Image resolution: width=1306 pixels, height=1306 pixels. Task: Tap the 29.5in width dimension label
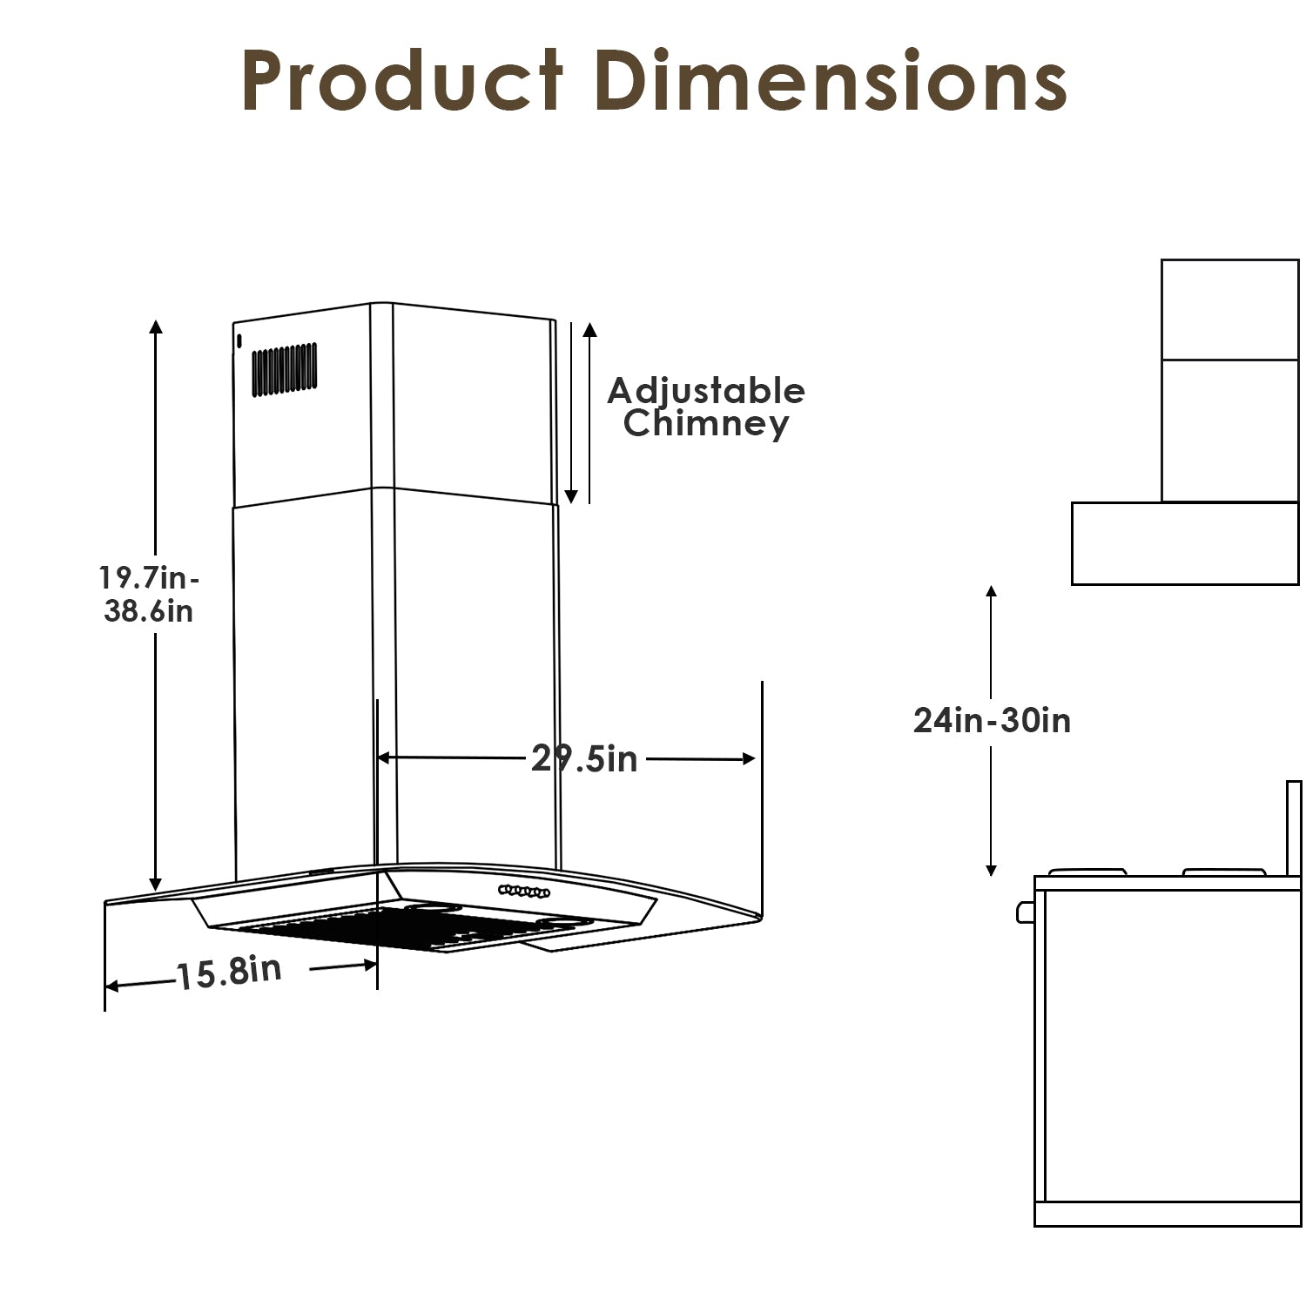(x=584, y=758)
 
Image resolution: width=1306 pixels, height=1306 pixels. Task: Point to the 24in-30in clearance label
(x=992, y=720)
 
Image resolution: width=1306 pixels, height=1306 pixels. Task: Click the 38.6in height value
(x=148, y=610)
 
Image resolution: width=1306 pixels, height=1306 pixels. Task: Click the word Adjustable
(x=706, y=392)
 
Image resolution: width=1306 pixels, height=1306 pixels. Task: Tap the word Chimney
(x=706, y=424)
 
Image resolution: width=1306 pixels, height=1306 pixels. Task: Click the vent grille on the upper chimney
(x=285, y=369)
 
